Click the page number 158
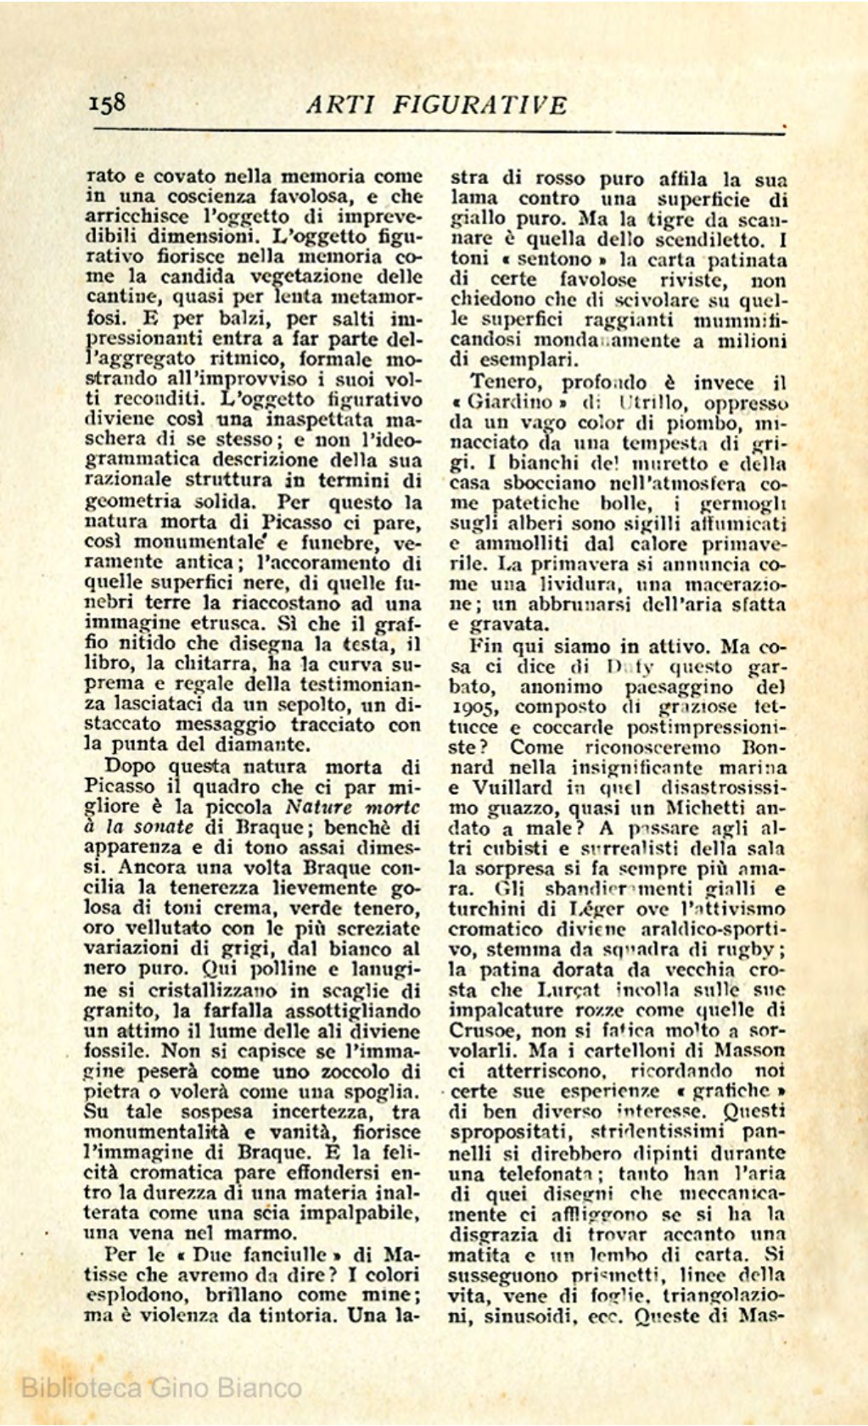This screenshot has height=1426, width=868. [107, 103]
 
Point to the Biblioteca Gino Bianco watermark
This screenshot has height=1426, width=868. [161, 1388]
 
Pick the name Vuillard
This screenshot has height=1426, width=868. [514, 787]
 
